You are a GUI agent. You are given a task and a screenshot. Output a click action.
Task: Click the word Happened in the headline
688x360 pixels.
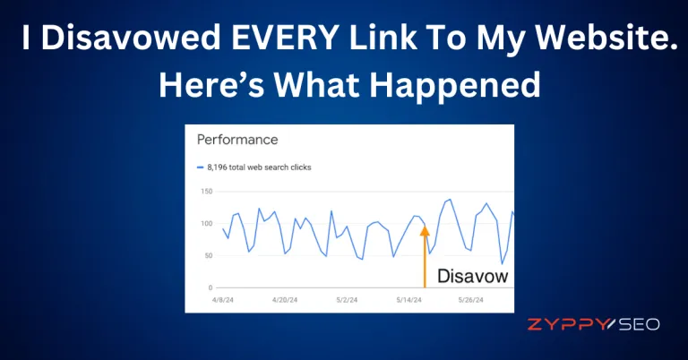click(x=455, y=84)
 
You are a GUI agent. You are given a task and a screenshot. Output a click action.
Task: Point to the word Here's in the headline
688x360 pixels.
click(x=211, y=84)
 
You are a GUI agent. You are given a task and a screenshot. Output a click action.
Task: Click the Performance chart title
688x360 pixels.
click(x=237, y=140)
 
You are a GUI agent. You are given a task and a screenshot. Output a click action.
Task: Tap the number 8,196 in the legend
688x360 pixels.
click(x=217, y=167)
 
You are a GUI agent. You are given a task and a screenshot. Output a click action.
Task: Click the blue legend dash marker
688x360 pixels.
click(x=200, y=167)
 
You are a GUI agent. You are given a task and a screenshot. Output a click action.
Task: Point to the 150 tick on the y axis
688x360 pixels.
click(x=207, y=191)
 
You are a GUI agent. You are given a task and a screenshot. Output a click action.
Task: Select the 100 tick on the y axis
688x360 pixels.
click(x=207, y=224)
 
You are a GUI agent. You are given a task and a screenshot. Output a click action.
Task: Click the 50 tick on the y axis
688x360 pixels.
click(x=209, y=255)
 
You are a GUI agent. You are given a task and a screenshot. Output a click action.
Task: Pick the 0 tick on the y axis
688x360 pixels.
click(x=211, y=287)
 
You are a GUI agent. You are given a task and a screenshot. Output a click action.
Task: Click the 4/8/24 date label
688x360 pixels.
click(x=223, y=300)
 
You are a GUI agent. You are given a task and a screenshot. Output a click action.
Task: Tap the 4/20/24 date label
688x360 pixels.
click(x=285, y=300)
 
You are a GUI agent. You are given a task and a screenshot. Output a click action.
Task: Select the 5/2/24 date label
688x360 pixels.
click(x=347, y=300)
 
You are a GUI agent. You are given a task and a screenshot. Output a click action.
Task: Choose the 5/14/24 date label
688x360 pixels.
click(x=408, y=300)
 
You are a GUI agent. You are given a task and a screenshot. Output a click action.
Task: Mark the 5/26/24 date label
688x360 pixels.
click(x=471, y=300)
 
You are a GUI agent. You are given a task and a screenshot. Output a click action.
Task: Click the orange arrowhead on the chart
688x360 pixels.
click(x=425, y=230)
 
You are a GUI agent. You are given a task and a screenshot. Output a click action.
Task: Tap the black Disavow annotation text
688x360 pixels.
click(x=473, y=276)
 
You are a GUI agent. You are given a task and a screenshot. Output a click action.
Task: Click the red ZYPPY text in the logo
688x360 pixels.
click(x=569, y=324)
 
